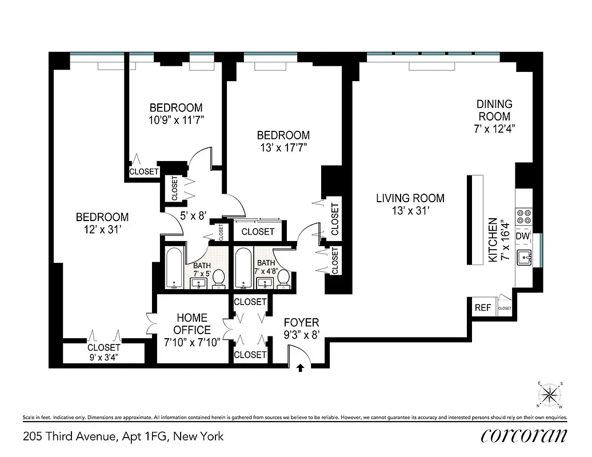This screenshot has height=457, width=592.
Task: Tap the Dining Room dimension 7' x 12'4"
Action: [x=494, y=129]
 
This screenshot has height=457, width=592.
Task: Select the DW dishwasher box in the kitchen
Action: [x=523, y=236]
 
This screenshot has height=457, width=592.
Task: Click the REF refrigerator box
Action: [x=483, y=307]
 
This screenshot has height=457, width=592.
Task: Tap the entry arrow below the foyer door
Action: [x=301, y=369]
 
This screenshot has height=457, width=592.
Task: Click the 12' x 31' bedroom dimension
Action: [x=102, y=230]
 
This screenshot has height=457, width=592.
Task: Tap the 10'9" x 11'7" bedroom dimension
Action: [x=175, y=120]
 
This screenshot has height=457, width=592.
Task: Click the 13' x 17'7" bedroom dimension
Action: [x=283, y=147]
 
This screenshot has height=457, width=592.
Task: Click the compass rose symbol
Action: [x=550, y=395]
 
